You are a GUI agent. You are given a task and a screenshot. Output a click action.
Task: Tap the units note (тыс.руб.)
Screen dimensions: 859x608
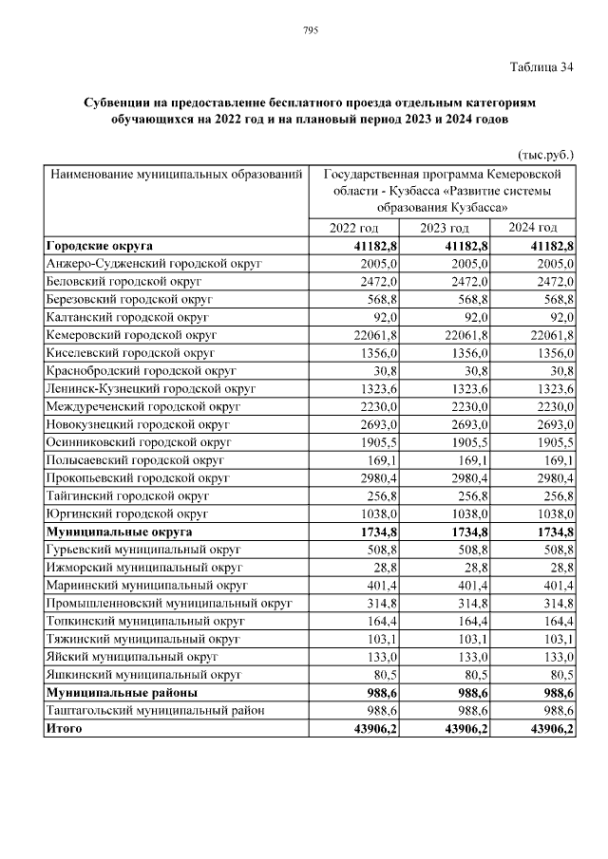point(545,154)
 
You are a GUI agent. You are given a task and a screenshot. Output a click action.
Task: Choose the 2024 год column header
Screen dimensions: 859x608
point(532,229)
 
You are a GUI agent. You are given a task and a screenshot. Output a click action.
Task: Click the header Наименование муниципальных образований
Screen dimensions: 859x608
point(176,175)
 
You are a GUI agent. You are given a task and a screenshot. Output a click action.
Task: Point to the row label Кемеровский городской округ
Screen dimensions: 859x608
point(132,335)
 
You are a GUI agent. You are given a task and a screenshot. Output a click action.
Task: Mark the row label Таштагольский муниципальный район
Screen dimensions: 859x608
point(155,710)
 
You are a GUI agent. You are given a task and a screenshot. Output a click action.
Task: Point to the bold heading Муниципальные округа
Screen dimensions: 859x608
point(119,532)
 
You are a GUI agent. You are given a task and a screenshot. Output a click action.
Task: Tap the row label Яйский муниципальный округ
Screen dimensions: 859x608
point(124,656)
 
